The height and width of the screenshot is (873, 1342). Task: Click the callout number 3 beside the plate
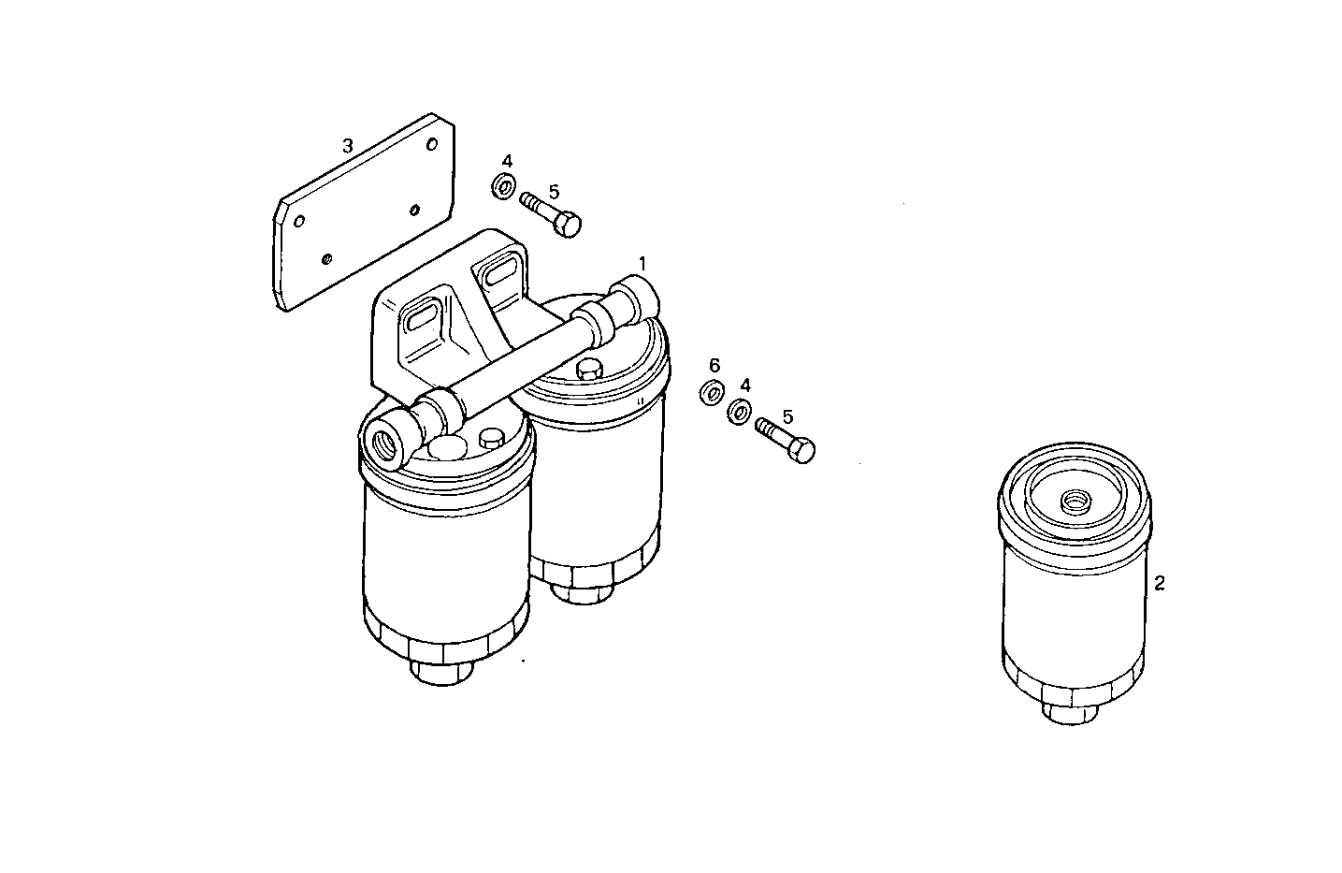(347, 146)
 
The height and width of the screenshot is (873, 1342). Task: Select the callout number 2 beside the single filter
(1160, 583)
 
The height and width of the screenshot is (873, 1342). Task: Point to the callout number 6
(714, 365)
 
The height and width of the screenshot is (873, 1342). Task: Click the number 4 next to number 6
(745, 385)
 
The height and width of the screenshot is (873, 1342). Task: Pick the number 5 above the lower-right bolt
(787, 415)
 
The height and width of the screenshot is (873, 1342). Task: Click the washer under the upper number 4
(503, 186)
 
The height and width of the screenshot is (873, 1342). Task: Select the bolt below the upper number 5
(553, 214)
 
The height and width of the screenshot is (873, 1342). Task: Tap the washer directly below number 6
(712, 392)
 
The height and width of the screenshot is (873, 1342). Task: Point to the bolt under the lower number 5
(786, 440)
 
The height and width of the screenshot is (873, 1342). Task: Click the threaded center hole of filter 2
(1074, 502)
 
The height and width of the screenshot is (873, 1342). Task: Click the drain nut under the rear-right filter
(580, 589)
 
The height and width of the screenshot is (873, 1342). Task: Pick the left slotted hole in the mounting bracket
(422, 318)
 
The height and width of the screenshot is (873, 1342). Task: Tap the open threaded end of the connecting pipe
(385, 439)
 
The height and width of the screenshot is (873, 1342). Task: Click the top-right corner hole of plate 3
(430, 144)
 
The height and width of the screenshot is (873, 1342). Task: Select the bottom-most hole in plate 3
(325, 257)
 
